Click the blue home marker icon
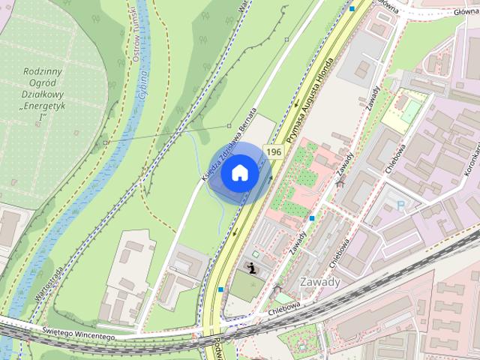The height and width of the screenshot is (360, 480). click(239, 172)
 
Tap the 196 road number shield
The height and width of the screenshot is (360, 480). click(274, 151)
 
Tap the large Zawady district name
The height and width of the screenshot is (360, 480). click(319, 282)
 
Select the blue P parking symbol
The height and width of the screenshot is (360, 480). click(400, 204)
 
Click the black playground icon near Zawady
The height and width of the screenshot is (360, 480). click(253, 267)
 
